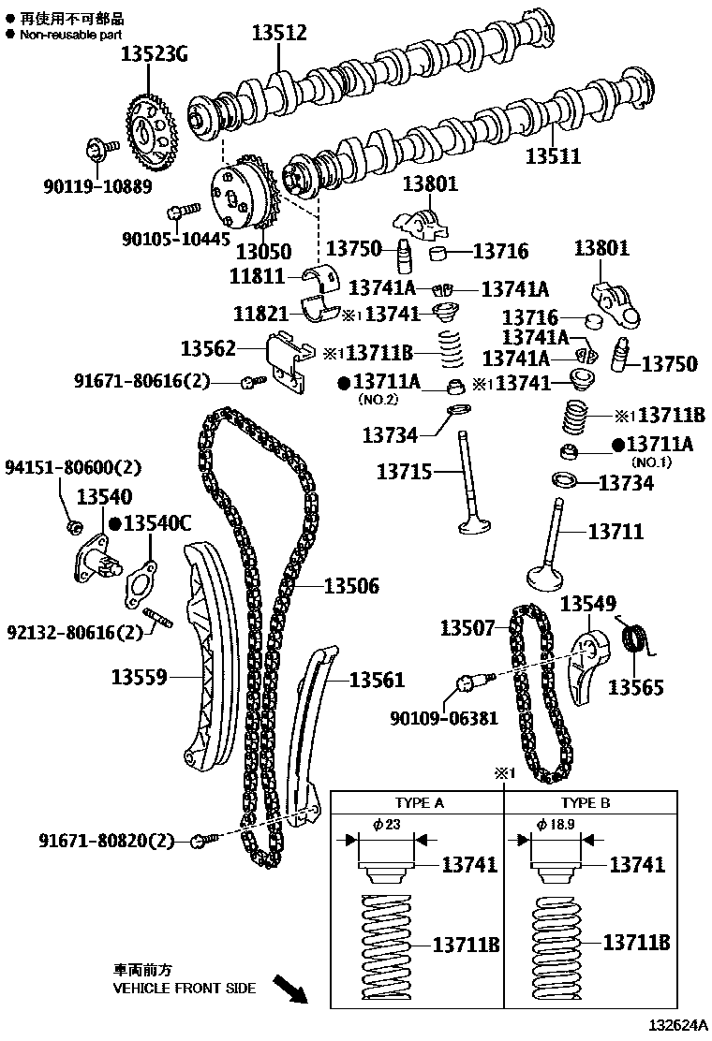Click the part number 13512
coord(279,34)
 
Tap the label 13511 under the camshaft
coord(553,156)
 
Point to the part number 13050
coord(263,251)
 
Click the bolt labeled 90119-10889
coord(101,148)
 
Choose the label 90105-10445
coord(175,238)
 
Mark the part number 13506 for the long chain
coord(351,587)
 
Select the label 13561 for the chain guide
coord(377,680)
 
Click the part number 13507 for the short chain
coord(467,627)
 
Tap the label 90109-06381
coord(444,718)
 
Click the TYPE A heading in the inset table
coord(419,802)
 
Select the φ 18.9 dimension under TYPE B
coord(556,824)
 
